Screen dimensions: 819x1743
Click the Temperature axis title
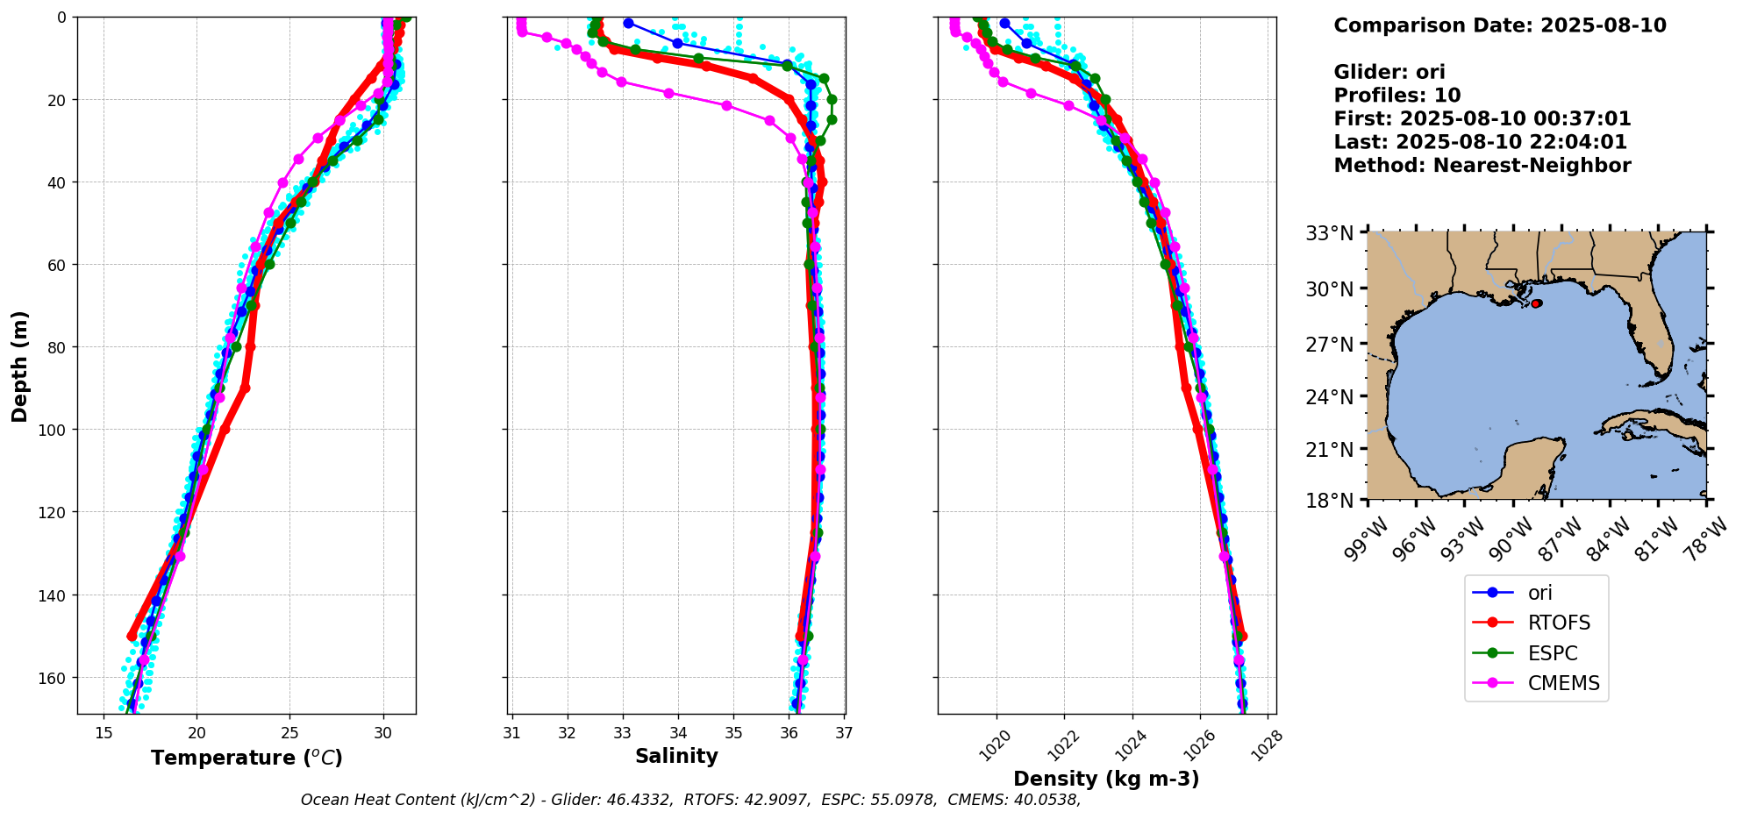(x=246, y=758)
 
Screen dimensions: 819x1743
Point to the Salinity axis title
(x=676, y=756)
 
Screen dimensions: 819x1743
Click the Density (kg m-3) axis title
(x=1106, y=779)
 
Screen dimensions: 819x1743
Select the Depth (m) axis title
(x=19, y=366)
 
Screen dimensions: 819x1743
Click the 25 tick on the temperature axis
(x=289, y=733)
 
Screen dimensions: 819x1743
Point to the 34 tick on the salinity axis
(x=678, y=733)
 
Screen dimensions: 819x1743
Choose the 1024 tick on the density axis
(x=1126, y=745)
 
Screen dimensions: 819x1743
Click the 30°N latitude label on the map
(x=1329, y=289)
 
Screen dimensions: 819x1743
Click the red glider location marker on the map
(x=1536, y=303)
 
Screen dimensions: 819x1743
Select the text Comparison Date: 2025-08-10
(x=1499, y=25)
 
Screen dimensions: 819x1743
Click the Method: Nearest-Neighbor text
(x=1482, y=166)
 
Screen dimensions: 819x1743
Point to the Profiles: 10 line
(x=1397, y=96)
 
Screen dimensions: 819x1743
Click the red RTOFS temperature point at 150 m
(x=132, y=636)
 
